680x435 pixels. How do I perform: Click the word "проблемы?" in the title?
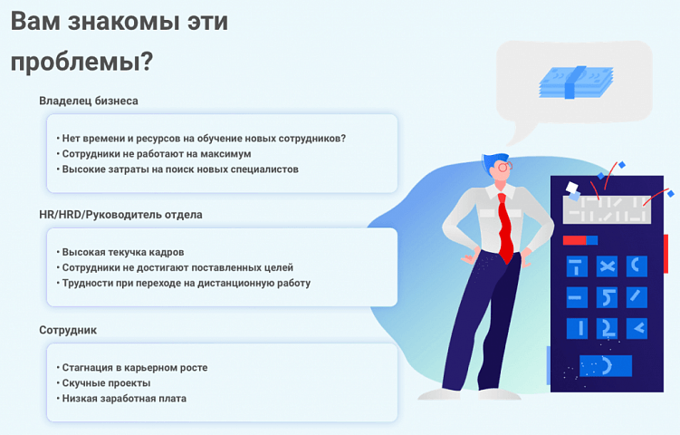[x=81, y=63]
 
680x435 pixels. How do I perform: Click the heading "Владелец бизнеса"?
[x=89, y=101]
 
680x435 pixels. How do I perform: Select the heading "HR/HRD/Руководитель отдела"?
[x=120, y=215]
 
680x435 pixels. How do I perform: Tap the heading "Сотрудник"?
[x=68, y=330]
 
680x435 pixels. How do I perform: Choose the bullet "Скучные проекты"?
[x=106, y=382]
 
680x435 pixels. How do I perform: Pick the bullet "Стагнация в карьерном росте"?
[x=134, y=367]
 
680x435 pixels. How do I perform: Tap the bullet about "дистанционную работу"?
[x=186, y=283]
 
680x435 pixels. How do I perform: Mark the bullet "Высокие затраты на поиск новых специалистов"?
[x=179, y=169]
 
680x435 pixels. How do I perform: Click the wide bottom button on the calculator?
[x=605, y=366]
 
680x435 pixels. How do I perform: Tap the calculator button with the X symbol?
[x=607, y=266]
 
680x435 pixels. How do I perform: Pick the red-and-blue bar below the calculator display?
[x=579, y=240]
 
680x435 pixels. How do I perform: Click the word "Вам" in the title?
[x=39, y=23]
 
